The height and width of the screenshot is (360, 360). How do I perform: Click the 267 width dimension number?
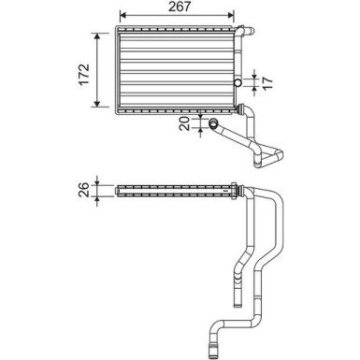point(180,7)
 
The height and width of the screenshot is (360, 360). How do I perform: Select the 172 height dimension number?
point(83,74)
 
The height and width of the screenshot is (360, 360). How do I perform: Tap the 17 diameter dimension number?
point(267,82)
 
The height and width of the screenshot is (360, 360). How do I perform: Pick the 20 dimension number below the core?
point(185,123)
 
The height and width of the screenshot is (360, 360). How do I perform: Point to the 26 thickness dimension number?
point(83,190)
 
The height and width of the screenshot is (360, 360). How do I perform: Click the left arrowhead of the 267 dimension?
point(122,15)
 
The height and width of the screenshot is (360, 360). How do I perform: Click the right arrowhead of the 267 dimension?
point(231,15)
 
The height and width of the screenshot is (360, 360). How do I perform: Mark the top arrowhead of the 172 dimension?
point(97,36)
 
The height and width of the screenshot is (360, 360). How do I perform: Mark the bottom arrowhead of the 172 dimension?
point(97,104)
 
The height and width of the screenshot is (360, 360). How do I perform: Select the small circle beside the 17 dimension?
point(238,82)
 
